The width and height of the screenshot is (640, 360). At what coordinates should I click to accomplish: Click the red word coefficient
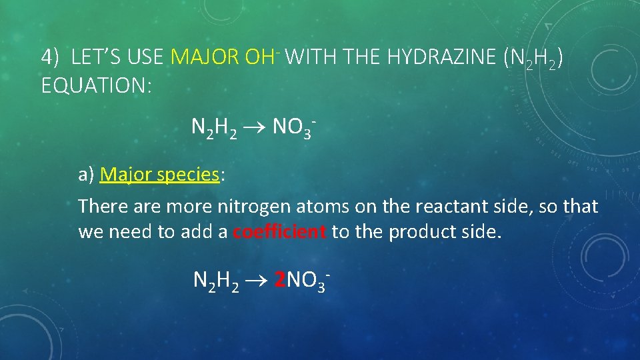[280, 233]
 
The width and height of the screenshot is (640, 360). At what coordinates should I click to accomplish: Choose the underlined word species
[187, 175]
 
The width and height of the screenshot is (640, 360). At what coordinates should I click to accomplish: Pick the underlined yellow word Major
[126, 175]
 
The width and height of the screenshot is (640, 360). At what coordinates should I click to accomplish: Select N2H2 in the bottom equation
[215, 281]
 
